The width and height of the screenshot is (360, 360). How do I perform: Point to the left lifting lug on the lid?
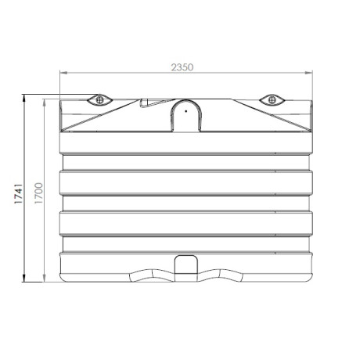99,99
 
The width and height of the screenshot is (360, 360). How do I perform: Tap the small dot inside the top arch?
185,111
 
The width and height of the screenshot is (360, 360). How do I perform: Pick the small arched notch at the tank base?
185,265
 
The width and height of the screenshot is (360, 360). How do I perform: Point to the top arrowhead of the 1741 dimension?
24,98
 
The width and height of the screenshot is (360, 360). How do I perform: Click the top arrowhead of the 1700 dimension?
45,103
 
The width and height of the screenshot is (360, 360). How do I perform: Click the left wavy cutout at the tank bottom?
150,275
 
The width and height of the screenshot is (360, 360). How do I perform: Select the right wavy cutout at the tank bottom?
221,275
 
